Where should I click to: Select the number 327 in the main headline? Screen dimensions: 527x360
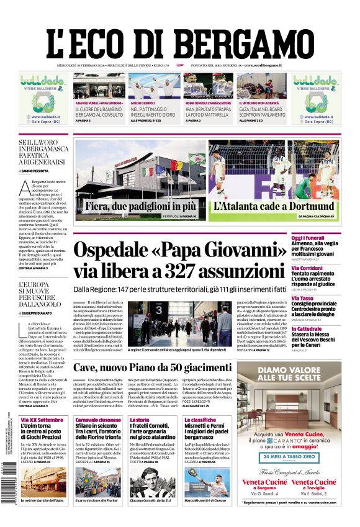pyautogui.click(x=170, y=271)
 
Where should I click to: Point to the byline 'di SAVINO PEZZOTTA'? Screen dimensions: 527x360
pyautogui.click(x=38, y=170)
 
